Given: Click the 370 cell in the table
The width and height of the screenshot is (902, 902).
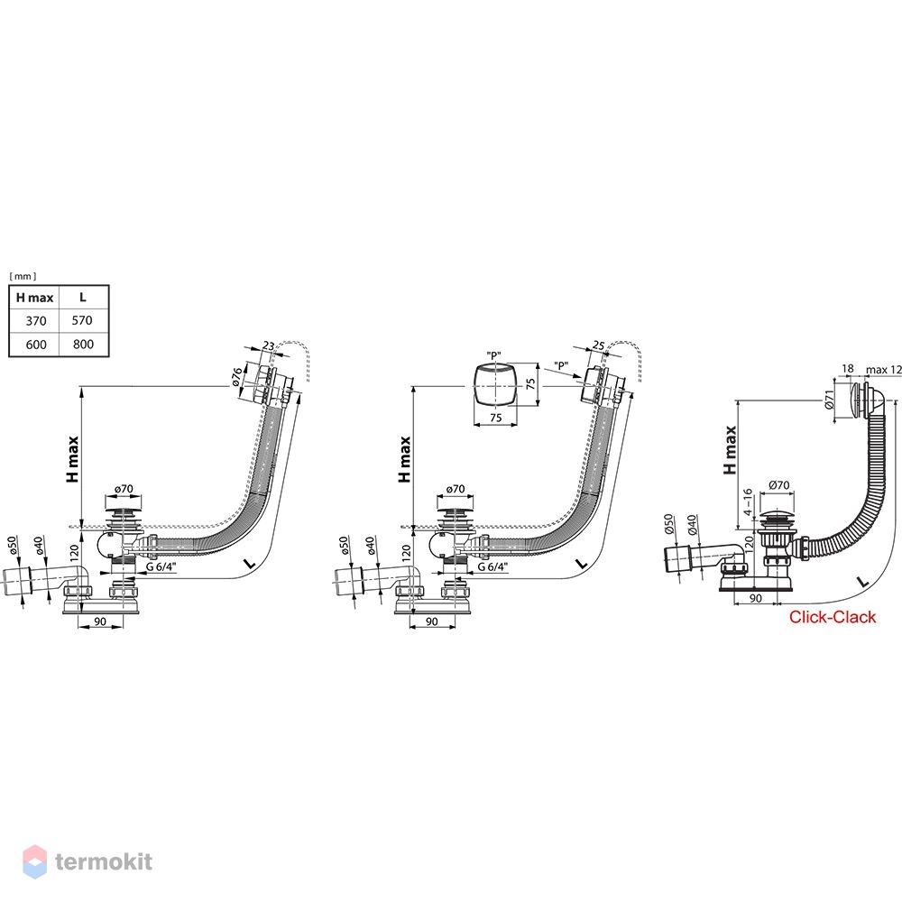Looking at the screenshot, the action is pos(36,321).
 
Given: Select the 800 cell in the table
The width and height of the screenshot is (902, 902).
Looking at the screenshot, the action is pos(83,344).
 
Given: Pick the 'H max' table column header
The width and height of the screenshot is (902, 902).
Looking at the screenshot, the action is pos(34,298).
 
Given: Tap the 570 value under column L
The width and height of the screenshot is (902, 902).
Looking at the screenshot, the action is pos(82,320).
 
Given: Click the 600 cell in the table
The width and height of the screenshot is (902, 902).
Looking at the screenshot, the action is pos(36,345).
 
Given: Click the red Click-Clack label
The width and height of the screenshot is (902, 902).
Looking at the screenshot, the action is pos(833,617).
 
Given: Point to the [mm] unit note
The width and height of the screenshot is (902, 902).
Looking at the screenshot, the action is pos(23,277).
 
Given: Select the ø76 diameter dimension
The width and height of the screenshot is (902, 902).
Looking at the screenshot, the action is pos(237,376).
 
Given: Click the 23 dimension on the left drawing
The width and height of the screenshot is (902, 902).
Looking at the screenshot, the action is pos(268,345).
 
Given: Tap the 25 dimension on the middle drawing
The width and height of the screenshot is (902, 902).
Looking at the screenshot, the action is pos(598,345).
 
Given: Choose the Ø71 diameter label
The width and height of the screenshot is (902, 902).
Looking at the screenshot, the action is pos(829,400).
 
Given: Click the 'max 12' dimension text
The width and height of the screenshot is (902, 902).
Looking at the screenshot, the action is pos(884,369).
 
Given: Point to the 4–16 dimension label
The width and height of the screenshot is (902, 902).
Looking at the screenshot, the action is pos(747,502).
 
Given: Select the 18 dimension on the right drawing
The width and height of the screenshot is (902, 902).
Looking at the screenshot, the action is pos(847,369).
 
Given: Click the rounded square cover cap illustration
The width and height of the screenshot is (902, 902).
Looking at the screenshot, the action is pos(494,384).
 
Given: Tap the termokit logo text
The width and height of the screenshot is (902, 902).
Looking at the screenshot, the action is pos(104,861).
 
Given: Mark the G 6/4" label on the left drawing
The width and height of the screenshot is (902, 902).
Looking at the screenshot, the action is pos(161,566).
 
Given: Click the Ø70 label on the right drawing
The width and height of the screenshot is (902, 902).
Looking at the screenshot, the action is pos(779,485).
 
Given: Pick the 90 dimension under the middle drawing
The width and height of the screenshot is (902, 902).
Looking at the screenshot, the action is pos(431,621).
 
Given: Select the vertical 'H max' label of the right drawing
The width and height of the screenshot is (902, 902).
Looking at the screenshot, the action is pos(731,450).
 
